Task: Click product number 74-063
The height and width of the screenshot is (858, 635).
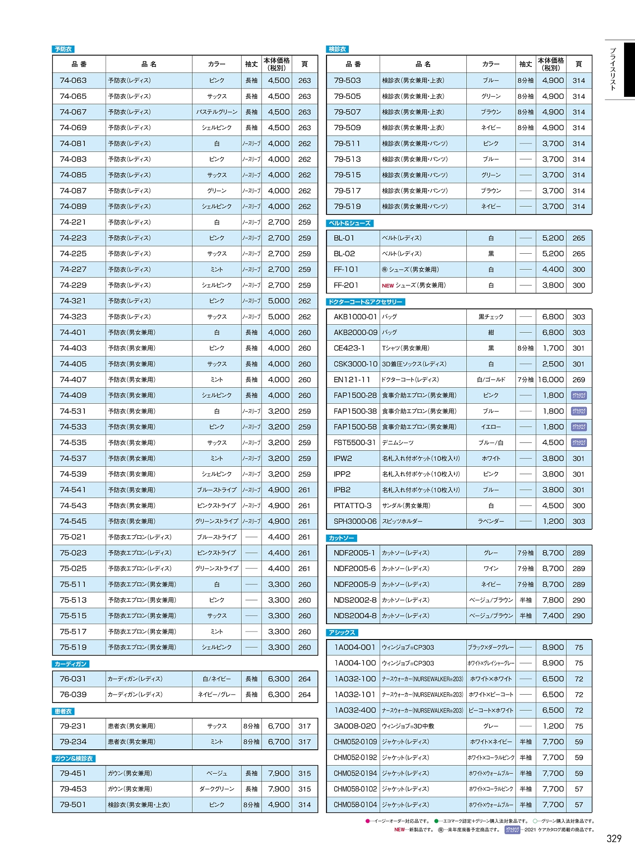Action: click(73, 80)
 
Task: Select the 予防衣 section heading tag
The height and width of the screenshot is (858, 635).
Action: click(63, 49)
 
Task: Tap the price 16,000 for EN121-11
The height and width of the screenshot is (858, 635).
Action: click(551, 380)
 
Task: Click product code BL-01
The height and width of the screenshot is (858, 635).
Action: click(344, 238)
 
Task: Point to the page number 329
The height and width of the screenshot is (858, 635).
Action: click(614, 839)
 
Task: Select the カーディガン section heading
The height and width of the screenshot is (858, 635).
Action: click(70, 664)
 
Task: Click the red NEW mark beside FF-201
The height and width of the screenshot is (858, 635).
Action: click(387, 286)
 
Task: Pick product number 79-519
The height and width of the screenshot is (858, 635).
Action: click(347, 207)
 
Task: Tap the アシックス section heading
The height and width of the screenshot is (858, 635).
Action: click(342, 633)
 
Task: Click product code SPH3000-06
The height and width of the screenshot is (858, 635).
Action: click(355, 521)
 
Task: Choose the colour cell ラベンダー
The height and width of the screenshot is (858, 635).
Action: click(491, 521)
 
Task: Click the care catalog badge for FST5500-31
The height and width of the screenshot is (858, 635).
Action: click(579, 442)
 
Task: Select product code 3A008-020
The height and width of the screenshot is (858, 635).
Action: click(355, 726)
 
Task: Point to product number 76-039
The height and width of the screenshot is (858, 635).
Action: click(73, 695)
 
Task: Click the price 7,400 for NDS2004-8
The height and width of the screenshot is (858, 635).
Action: click(553, 616)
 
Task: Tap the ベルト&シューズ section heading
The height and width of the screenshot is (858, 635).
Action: click(350, 223)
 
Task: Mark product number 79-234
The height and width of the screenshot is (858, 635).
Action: click(73, 742)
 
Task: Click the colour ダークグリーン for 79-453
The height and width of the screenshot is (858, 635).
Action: click(217, 789)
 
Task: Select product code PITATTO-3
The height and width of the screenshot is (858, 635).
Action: click(352, 505)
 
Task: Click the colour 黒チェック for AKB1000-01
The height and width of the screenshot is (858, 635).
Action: click(491, 317)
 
